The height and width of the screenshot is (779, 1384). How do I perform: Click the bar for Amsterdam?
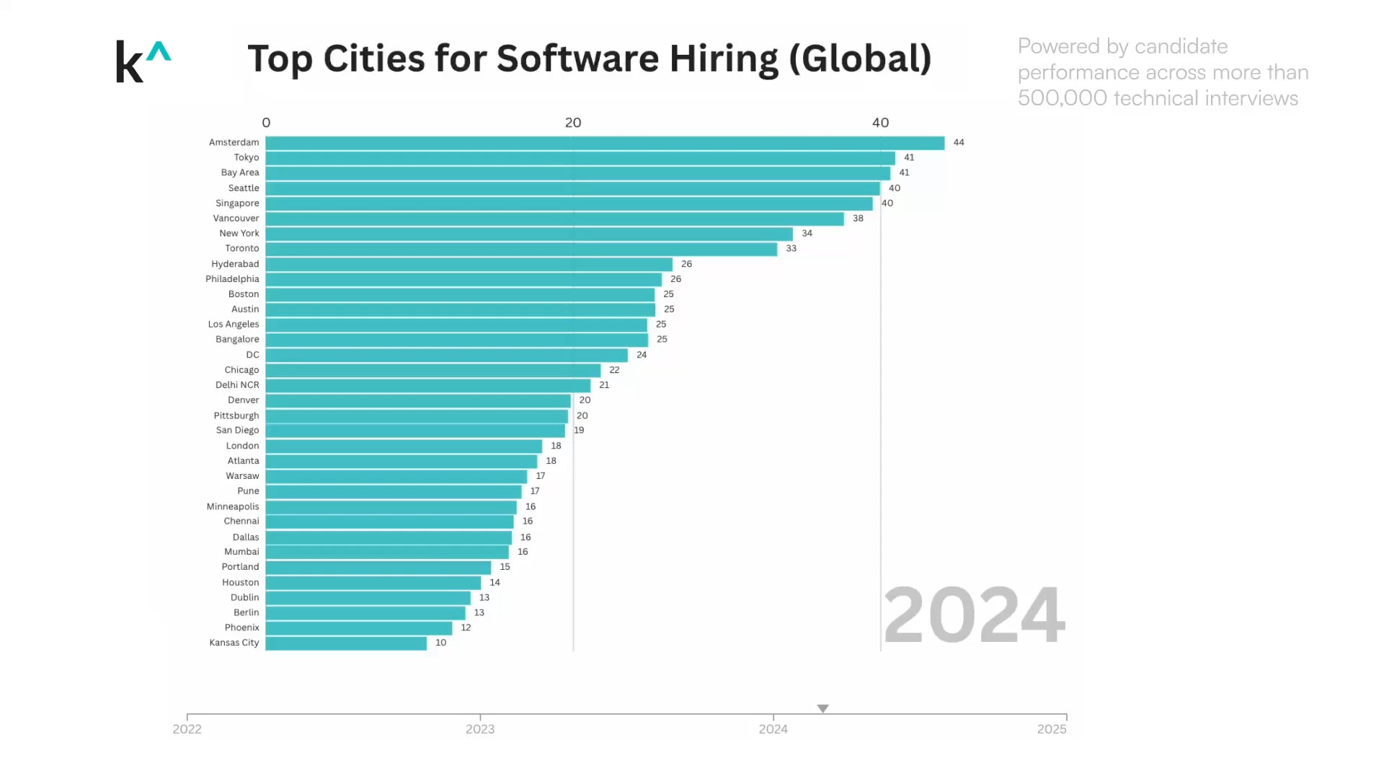(604, 143)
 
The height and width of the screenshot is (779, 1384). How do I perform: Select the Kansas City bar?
(346, 643)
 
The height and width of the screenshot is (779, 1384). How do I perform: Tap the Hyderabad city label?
(235, 264)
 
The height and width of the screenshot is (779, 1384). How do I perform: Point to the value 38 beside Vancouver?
(858, 219)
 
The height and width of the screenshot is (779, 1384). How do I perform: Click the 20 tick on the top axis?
(573, 123)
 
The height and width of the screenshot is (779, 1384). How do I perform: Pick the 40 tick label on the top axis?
(880, 123)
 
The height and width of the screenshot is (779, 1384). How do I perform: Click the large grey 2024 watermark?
(974, 615)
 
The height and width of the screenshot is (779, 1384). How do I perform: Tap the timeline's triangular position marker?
(822, 708)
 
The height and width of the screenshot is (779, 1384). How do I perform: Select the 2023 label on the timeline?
(480, 729)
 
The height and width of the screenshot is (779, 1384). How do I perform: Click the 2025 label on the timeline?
(1052, 729)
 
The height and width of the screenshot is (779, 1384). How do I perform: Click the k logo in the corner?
(143, 61)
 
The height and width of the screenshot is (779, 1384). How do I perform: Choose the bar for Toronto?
(520, 249)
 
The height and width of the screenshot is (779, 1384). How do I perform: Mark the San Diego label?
(237, 431)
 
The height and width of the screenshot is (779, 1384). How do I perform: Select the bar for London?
(404, 446)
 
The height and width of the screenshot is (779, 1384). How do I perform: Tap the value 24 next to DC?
(642, 355)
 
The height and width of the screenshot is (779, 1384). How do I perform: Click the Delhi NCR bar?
(427, 385)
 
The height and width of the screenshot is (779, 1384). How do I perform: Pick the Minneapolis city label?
(232, 506)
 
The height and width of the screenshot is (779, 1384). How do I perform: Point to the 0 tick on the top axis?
(266, 123)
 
